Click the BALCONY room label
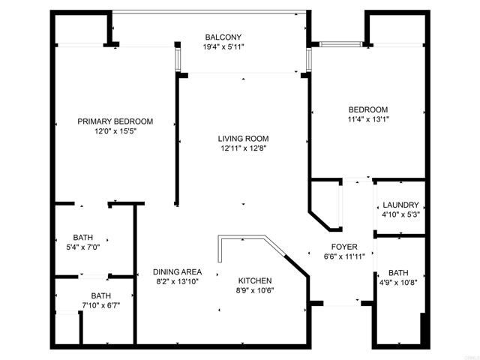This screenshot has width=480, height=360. tap(223, 37)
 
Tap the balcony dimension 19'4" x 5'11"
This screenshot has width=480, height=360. tap(223, 46)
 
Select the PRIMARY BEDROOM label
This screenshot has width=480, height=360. tap(115, 121)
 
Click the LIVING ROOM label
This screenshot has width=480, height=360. tap(243, 139)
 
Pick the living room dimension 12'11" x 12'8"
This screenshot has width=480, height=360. tap(243, 148)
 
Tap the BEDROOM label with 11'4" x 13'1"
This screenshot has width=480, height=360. tap(367, 109)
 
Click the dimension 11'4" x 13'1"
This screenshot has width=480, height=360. tap(367, 119)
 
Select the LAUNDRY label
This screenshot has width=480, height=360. tap(400, 205)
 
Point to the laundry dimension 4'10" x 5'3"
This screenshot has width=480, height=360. tap(400, 215)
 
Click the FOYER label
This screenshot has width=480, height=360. tap(344, 247)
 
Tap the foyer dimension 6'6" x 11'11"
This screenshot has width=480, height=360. tap(344, 256)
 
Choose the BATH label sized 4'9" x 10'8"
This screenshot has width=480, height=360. tap(398, 273)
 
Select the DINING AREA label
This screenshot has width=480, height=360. tap(177, 272)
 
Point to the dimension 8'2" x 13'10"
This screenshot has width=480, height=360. tap(177, 282)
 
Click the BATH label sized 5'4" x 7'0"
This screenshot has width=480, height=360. tap(82, 237)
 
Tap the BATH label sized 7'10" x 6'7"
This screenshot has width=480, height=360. tap(100, 295)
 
